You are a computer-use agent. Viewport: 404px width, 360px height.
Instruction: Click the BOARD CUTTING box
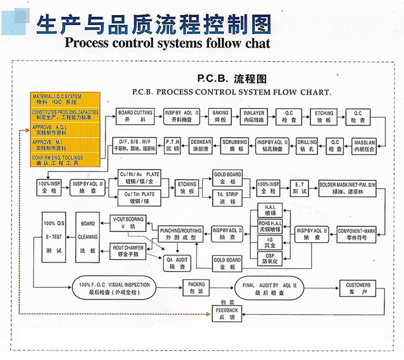pyautogui.click(x=135, y=117)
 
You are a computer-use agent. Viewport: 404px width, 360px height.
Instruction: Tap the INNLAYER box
pyautogui.click(x=254, y=117)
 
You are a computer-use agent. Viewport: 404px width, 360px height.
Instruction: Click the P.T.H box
pyautogui.click(x=172, y=145)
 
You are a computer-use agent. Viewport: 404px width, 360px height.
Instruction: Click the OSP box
pyautogui.click(x=270, y=258)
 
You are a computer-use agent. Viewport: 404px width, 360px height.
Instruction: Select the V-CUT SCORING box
pyautogui.click(x=128, y=222)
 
